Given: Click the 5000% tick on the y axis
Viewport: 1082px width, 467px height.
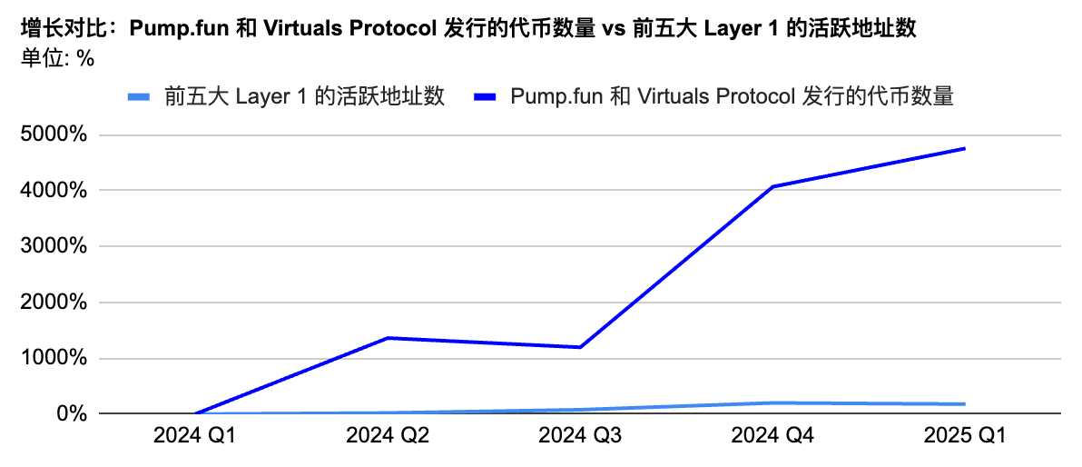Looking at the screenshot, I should pos(54,135).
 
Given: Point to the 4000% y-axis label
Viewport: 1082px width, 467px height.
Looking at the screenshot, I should pos(54,191).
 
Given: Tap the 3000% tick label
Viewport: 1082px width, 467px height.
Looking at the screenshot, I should pos(54,246).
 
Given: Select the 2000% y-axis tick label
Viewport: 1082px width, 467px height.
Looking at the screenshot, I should pos(54,303).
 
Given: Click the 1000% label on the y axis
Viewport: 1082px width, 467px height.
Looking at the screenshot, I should pos(54,358).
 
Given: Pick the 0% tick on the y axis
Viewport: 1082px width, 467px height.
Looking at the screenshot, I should pos(70,413).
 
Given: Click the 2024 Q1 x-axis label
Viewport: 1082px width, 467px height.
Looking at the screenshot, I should pos(195,437).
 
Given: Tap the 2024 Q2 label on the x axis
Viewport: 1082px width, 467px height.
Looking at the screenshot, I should pos(388,437).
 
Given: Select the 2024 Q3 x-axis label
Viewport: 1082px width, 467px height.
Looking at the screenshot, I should pos(580,437).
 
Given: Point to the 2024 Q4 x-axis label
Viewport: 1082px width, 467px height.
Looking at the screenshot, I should pos(772,437).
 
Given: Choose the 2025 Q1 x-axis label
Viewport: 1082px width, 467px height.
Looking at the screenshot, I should pos(965,437).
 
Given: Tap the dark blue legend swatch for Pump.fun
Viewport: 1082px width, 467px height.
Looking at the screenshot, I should pos(487,96).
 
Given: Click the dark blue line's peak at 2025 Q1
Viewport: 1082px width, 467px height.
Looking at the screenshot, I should pos(965,149).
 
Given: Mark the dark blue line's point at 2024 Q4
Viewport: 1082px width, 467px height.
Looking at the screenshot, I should pos(772,186).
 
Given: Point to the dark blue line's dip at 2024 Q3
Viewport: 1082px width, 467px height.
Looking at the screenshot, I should pos(580,347).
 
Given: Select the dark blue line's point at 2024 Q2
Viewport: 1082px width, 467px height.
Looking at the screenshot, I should pos(388,338).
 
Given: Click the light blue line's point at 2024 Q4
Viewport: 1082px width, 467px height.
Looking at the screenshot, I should pos(772,402).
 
